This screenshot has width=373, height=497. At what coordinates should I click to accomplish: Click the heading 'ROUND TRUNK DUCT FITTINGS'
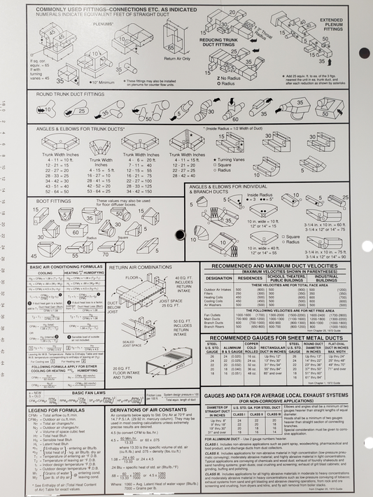click(66, 94)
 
